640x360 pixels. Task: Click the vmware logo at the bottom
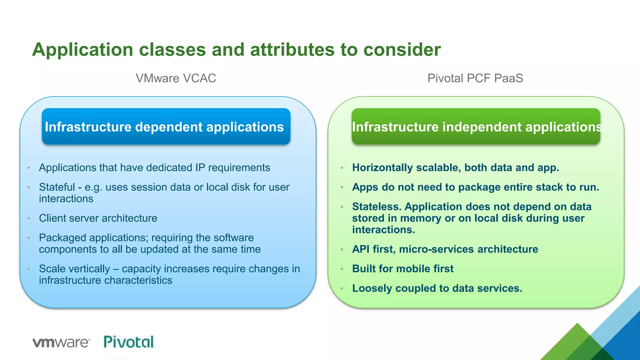point(61,342)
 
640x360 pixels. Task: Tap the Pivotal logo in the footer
point(129,342)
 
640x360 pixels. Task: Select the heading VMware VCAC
point(176,78)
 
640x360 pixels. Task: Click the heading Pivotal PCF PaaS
point(475,78)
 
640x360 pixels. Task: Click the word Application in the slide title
point(83,50)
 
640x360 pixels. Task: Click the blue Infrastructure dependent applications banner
point(166,127)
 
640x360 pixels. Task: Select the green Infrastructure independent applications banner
point(476,127)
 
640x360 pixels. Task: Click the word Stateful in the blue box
point(57,187)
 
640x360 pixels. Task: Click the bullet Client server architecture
point(98,218)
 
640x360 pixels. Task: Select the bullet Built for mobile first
point(402,269)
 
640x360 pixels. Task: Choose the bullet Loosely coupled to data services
point(437,288)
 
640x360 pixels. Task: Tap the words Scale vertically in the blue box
point(74,269)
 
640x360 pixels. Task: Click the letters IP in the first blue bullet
point(200,168)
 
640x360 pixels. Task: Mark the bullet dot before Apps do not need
point(342,187)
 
